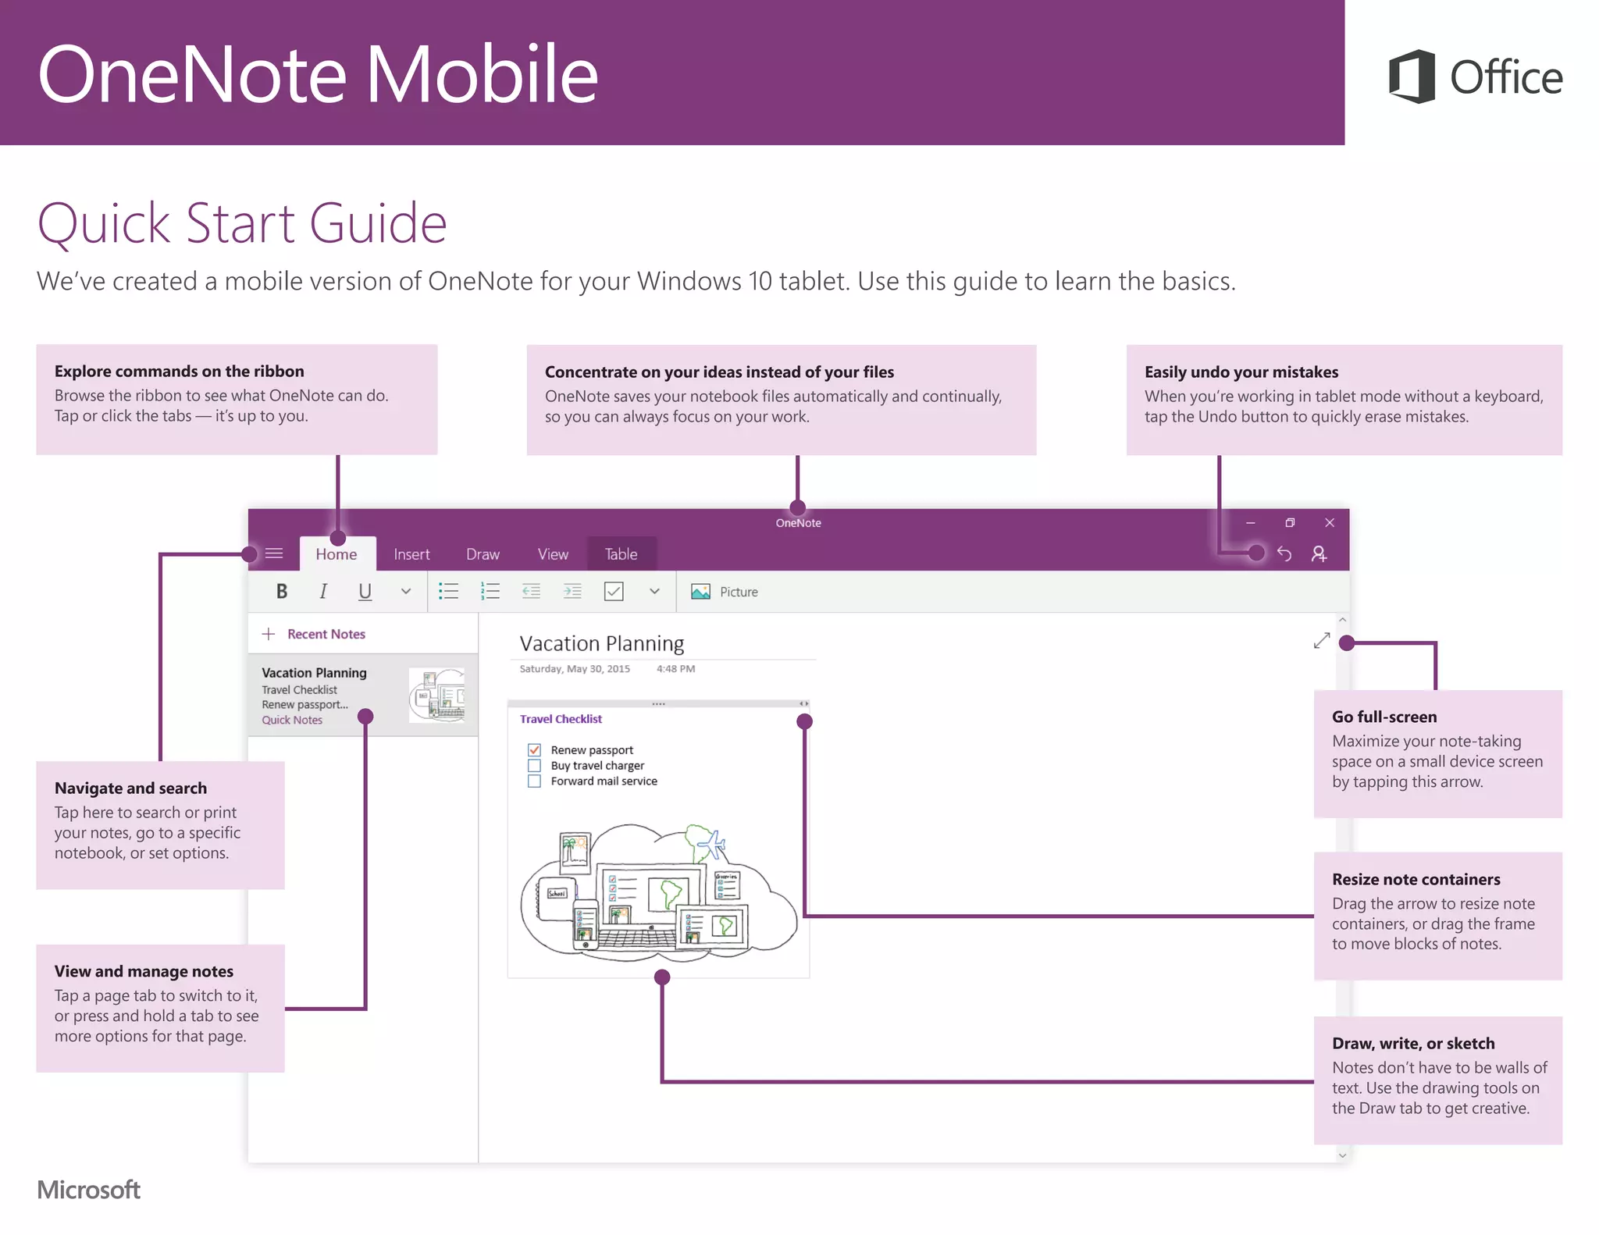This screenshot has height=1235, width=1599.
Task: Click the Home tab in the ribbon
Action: (x=337, y=554)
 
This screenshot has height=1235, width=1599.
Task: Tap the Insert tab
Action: (x=411, y=554)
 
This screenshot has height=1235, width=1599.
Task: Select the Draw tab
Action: (x=483, y=554)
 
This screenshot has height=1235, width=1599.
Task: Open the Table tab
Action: (x=621, y=554)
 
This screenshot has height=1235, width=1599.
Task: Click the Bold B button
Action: (x=282, y=592)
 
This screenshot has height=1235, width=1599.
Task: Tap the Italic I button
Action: (x=323, y=592)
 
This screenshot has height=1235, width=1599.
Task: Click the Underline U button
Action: (x=365, y=592)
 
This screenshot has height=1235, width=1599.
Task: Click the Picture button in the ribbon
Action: (x=725, y=592)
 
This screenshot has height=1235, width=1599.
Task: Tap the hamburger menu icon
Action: (x=274, y=553)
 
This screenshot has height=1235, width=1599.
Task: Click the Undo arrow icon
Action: (x=1284, y=553)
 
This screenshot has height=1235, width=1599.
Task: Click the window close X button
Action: (x=1330, y=522)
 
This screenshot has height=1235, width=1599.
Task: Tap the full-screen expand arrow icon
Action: (x=1321, y=641)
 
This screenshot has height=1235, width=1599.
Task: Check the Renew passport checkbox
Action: (x=534, y=750)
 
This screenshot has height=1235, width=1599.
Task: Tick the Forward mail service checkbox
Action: (x=534, y=781)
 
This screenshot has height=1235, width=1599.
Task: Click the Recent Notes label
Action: (x=326, y=634)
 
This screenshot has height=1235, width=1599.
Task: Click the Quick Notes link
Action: (x=292, y=720)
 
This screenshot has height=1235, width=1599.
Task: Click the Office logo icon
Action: (x=1412, y=77)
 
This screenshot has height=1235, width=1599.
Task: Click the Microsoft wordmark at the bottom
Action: (x=88, y=1190)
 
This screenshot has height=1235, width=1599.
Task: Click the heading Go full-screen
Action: (x=1384, y=717)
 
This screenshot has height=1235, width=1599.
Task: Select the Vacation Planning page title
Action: (x=601, y=643)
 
